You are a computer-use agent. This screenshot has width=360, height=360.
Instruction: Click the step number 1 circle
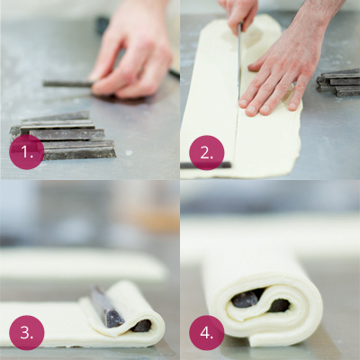click(27, 152)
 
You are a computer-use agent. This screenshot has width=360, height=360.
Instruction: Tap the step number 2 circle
click(207, 153)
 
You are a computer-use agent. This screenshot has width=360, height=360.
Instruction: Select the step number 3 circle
click(27, 333)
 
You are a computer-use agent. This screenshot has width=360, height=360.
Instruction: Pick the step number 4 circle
click(207, 333)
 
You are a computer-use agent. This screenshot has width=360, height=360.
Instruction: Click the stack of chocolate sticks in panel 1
click(66, 135)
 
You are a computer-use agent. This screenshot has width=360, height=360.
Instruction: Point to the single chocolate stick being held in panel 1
click(68, 84)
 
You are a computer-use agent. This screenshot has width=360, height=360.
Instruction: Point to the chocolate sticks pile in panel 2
click(338, 83)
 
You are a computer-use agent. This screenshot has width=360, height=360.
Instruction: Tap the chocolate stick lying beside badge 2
click(205, 165)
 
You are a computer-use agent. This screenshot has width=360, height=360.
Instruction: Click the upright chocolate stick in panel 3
click(106, 308)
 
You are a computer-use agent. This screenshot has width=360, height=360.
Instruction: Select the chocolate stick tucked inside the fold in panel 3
click(141, 326)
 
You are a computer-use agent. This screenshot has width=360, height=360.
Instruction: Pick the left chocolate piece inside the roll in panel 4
click(246, 299)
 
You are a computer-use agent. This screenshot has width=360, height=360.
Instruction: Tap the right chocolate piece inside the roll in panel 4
click(278, 305)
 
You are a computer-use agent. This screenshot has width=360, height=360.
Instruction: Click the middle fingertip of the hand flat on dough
click(265, 110)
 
